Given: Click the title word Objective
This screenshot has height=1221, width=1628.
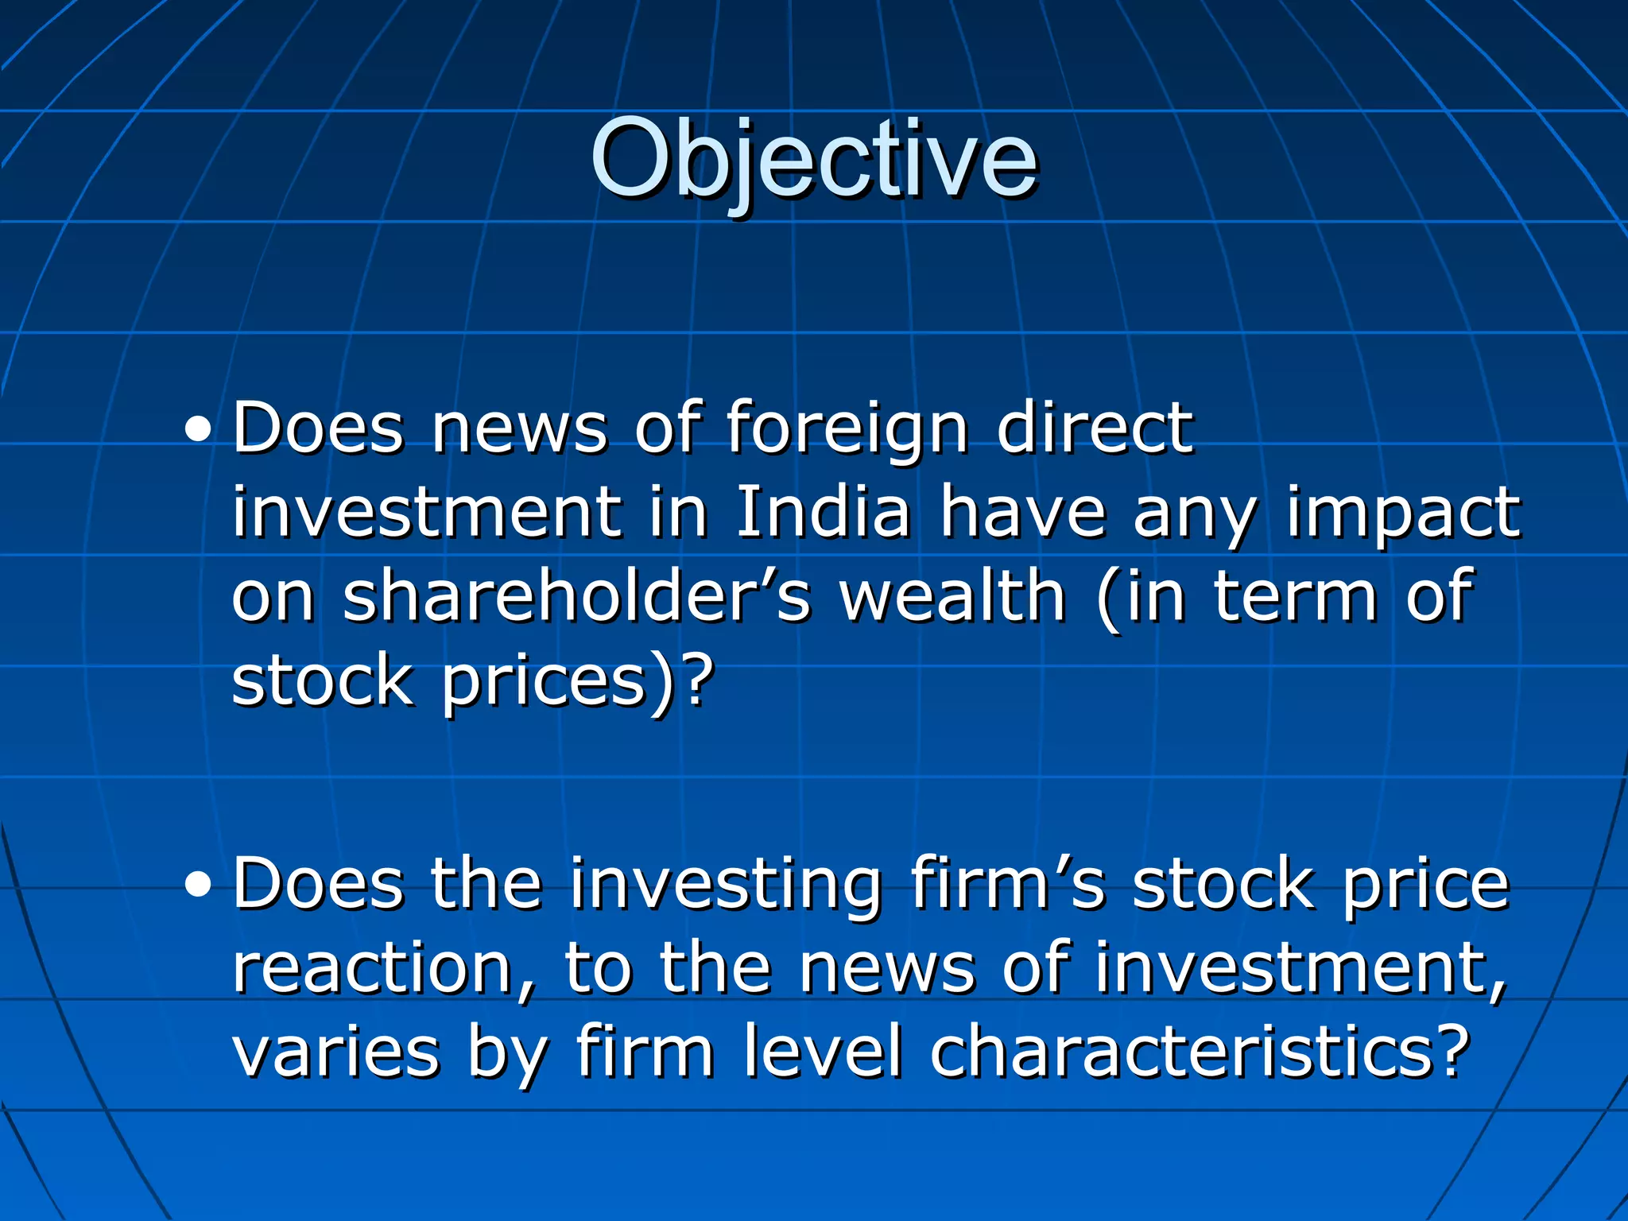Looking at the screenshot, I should (x=813, y=159).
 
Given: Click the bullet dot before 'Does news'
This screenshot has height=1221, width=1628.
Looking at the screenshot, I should (x=198, y=432).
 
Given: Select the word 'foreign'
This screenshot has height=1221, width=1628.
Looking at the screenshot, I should (x=847, y=430).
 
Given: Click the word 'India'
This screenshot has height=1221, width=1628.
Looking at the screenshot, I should (x=823, y=512).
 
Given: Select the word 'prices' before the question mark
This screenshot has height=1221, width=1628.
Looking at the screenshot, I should (x=545, y=682).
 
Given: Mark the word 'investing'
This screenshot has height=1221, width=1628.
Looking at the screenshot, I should (x=725, y=886).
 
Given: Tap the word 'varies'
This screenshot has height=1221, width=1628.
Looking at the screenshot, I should (x=335, y=1052).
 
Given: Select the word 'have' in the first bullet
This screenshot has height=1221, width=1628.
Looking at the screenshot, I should (x=1022, y=512).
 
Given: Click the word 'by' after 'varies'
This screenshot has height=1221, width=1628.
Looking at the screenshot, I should (x=507, y=1054).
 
